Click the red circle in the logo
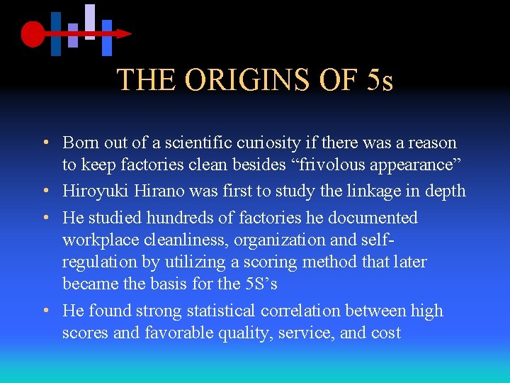[x=33, y=33]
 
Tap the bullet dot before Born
[x=45, y=143]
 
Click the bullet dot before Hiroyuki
[x=45, y=191]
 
